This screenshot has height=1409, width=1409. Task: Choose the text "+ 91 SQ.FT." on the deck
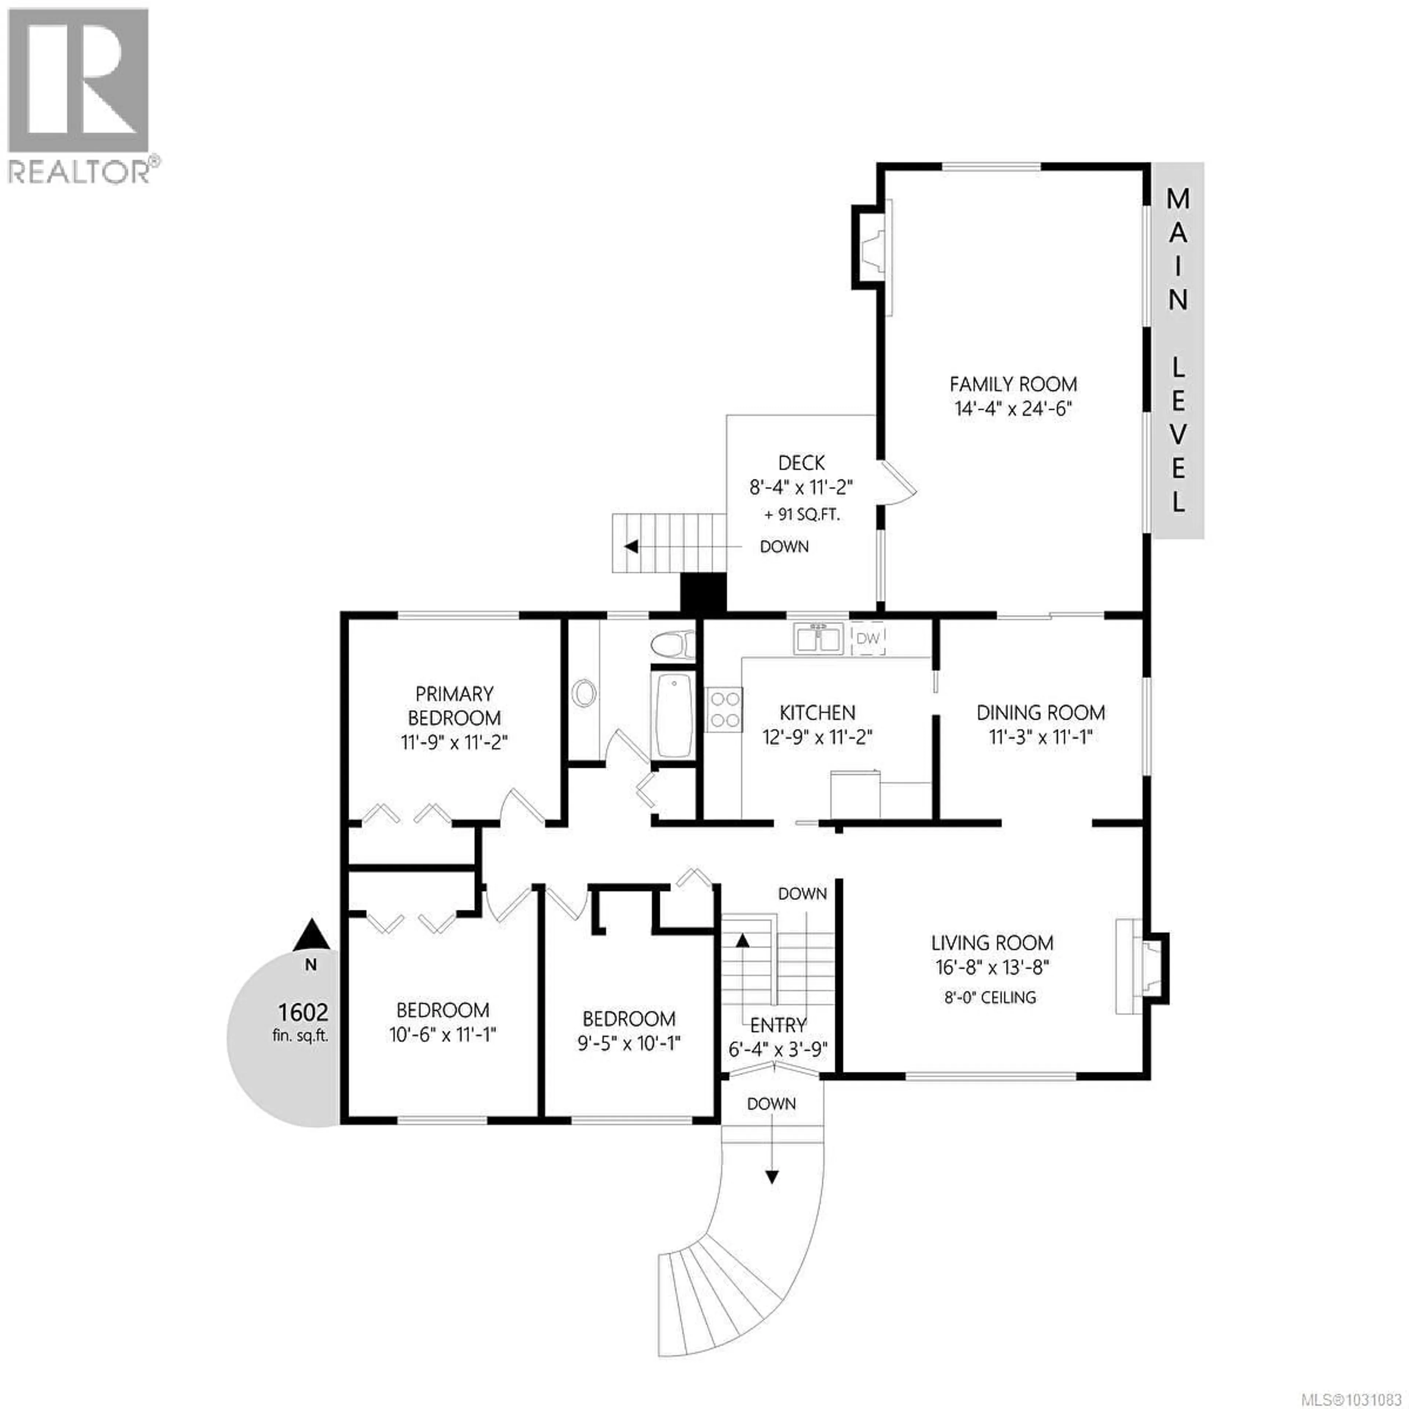pyautogui.click(x=801, y=514)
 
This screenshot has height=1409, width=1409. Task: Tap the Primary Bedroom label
pyautogui.click(x=454, y=705)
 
